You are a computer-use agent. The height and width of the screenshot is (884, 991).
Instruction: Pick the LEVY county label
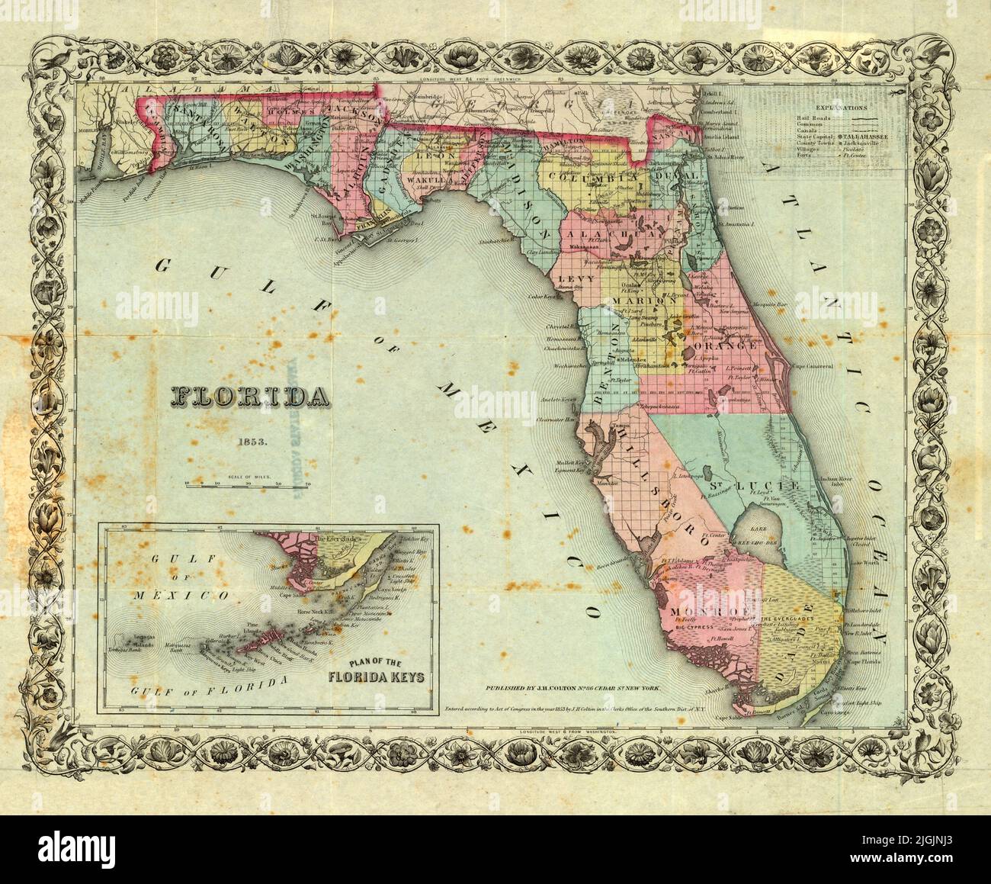[x=576, y=280]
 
